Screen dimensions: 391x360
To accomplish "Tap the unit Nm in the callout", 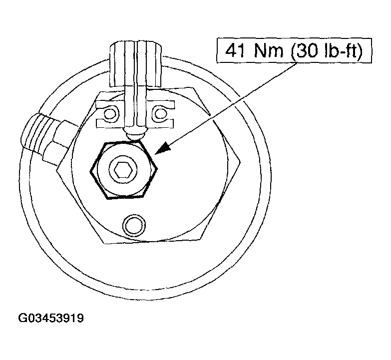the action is pos(269,50).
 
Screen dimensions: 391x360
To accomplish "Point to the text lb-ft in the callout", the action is pos(341,50).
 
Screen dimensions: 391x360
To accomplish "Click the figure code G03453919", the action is pos(51,318).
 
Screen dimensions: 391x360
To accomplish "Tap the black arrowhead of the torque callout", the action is pos(164,148).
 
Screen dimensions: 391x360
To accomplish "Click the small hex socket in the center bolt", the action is pos(123,171).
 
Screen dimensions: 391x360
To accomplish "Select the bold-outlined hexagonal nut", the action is pos(124,170).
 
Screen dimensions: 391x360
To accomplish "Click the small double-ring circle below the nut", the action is pos(134,225).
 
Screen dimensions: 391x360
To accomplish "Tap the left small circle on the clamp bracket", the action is pos(109,114).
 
